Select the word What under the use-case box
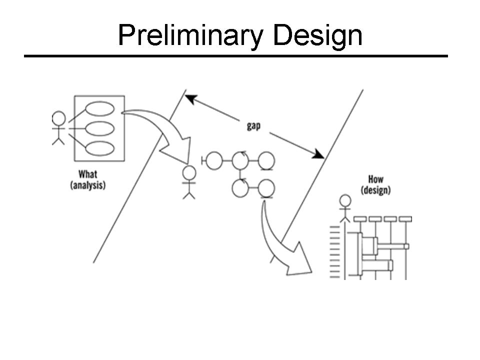point(88,175)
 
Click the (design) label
point(375,190)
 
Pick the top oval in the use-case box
point(100,108)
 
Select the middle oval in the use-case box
point(100,128)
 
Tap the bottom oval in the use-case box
point(100,148)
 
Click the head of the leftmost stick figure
point(58,118)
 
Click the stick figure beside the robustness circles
point(189,181)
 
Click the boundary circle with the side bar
point(214,160)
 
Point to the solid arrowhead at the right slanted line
point(318,154)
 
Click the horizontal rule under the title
point(235,55)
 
